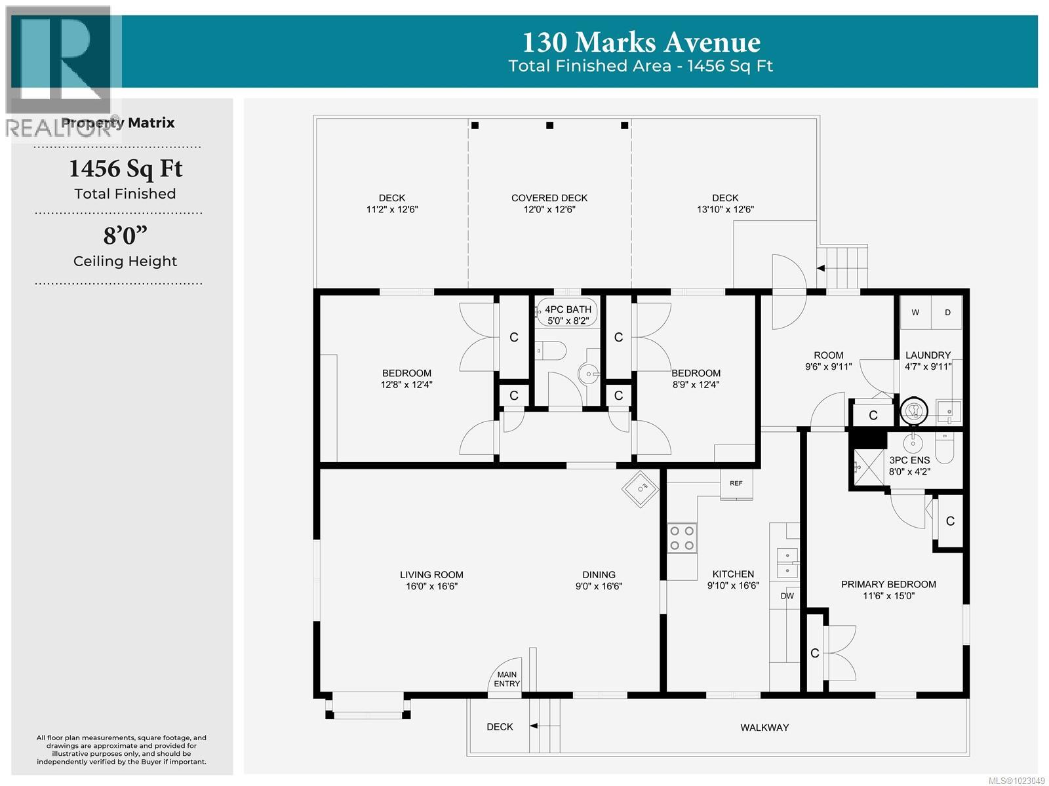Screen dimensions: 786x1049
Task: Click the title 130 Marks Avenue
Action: pos(641,43)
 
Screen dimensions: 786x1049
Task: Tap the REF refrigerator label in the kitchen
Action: pos(736,483)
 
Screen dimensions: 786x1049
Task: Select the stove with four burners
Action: pos(682,538)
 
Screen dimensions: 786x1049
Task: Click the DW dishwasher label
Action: pos(787,596)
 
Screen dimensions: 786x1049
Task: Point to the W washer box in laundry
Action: pos(915,313)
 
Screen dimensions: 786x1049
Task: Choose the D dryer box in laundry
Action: pos(947,313)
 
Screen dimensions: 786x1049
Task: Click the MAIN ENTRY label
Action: pos(507,679)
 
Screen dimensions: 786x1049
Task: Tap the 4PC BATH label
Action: pos(568,309)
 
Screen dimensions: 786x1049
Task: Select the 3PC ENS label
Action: pos(909,460)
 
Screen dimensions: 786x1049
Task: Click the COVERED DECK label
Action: pos(549,198)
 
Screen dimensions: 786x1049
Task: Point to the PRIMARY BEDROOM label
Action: pos(888,584)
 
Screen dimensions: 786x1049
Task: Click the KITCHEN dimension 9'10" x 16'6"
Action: pos(733,585)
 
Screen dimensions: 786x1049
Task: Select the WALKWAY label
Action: pos(764,727)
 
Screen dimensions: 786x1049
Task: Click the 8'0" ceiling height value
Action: pos(125,235)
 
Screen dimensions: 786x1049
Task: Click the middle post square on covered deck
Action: pos(550,125)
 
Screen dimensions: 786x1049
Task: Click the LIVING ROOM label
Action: pos(431,575)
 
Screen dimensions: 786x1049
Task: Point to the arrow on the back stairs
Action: pos(820,268)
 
